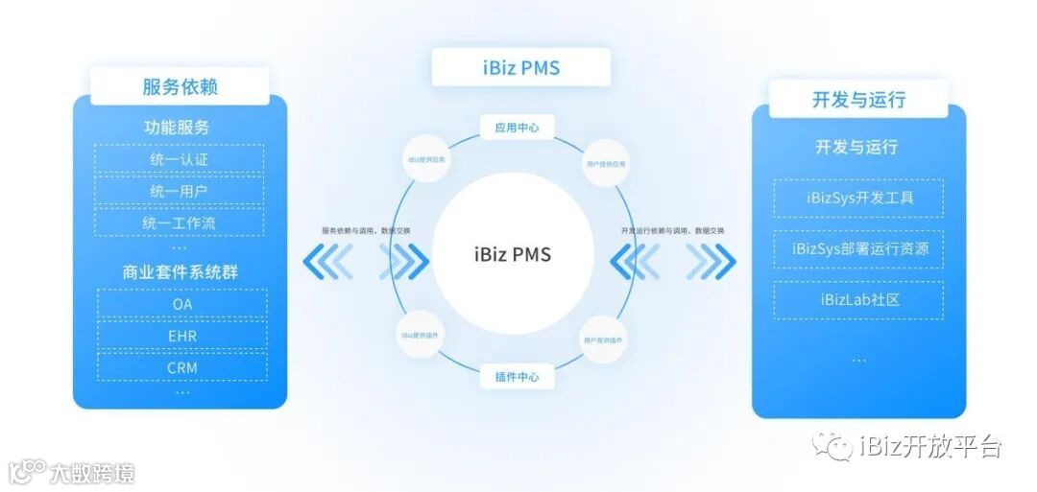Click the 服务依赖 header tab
180,86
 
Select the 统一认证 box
180,159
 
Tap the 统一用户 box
180,191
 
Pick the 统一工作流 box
180,223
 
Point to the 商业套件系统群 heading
180,271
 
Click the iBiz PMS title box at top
520,67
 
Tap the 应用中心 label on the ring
517,127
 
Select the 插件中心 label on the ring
517,377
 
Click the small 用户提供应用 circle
606,164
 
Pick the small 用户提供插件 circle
603,340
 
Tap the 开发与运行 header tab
858,99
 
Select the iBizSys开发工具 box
859,199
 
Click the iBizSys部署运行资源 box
859,249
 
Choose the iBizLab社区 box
859,300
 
